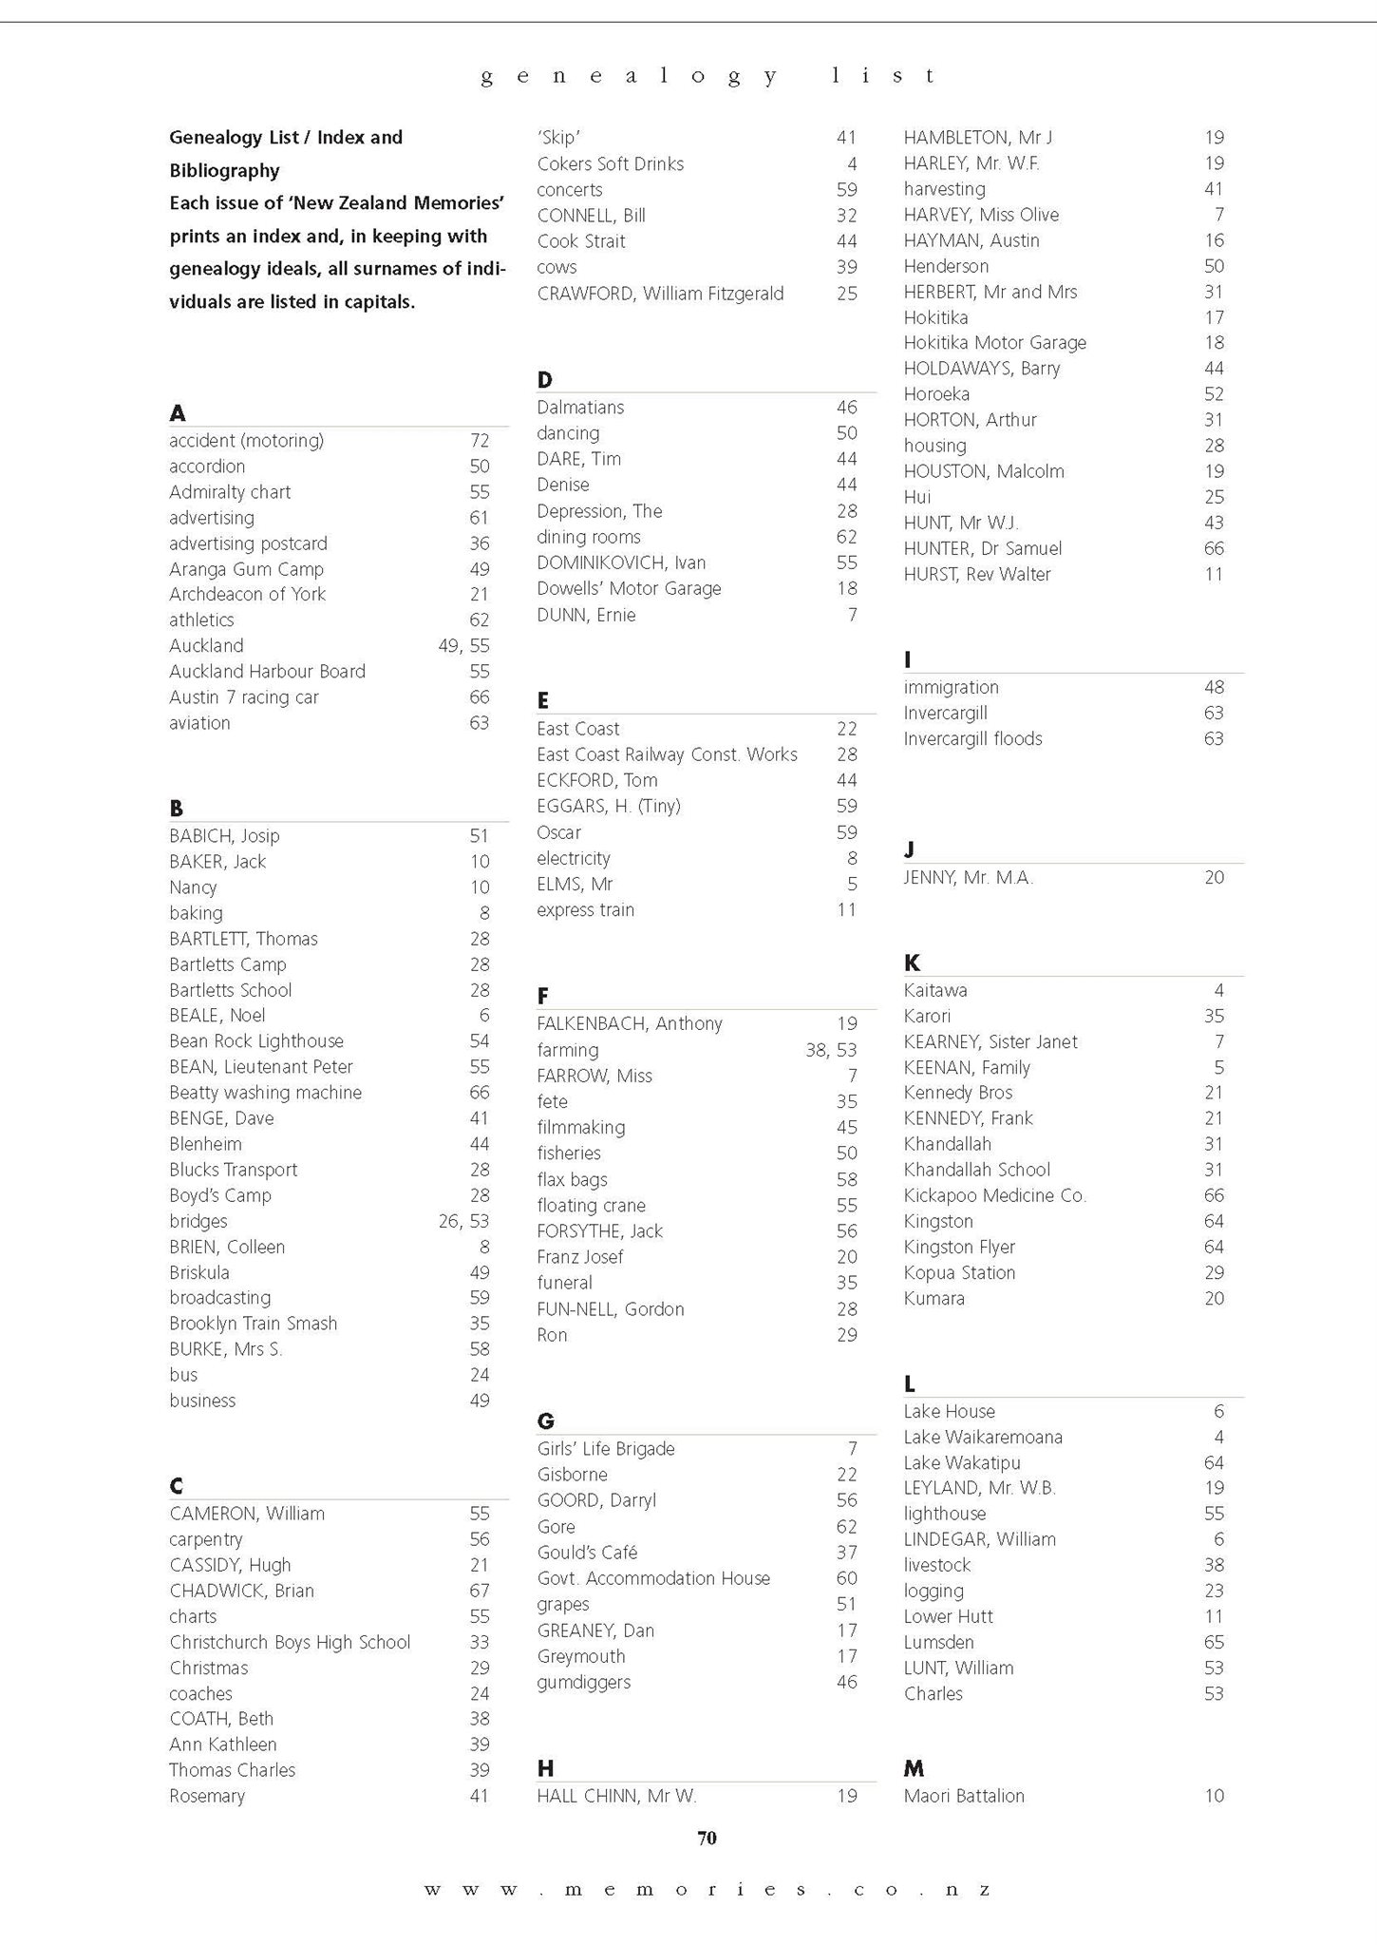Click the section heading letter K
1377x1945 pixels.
coord(912,963)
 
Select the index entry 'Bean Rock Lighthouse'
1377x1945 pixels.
coord(256,1041)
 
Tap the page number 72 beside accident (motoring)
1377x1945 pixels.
coord(480,441)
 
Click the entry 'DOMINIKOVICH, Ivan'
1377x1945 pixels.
coord(621,563)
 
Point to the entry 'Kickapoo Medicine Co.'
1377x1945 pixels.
coord(994,1195)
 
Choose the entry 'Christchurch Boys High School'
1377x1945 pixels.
coord(290,1642)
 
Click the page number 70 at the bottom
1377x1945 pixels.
coord(707,1838)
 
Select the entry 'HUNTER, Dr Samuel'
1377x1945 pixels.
coord(982,548)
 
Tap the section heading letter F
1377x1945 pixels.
coord(542,996)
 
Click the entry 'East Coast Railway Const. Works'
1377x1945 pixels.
coord(667,754)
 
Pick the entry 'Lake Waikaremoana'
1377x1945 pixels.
coord(983,1437)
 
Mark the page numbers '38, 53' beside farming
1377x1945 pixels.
coord(831,1050)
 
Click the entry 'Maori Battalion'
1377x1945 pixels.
coord(964,1796)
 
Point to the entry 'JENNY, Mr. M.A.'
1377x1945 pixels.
coord(968,878)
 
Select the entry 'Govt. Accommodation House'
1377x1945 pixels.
coord(653,1578)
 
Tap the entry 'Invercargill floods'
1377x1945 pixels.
coord(972,738)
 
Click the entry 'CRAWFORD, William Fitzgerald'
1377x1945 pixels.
coord(660,294)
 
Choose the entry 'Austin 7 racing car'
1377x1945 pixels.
coord(244,697)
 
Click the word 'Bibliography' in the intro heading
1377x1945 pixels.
coord(224,171)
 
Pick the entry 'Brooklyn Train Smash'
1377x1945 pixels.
coord(253,1324)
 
